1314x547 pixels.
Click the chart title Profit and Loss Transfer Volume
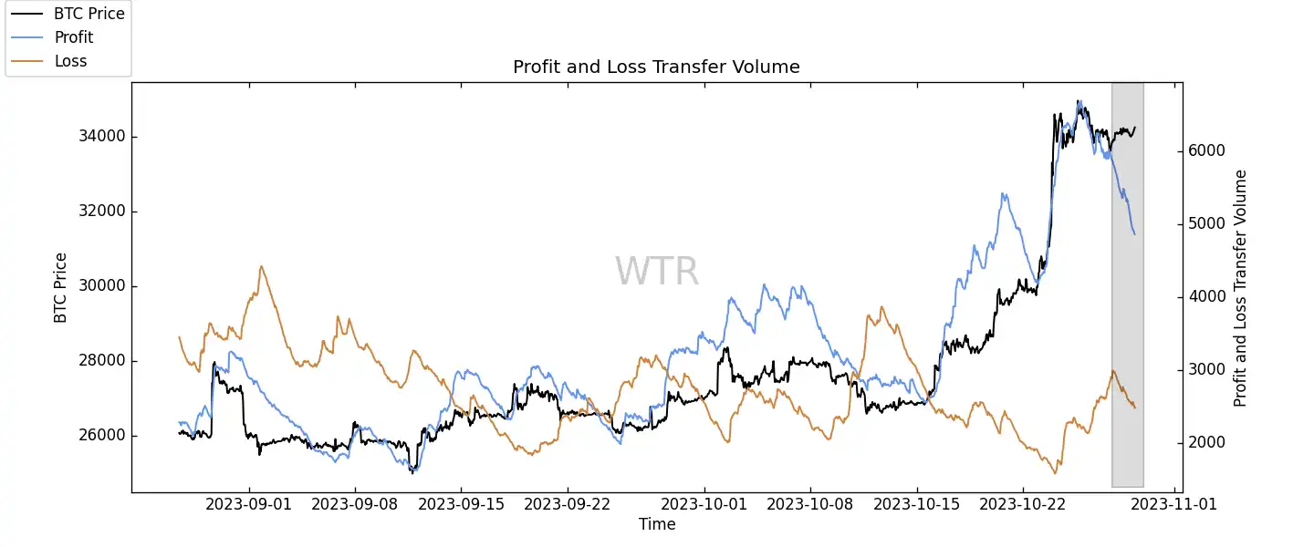[x=656, y=67]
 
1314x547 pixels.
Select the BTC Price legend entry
[x=89, y=14]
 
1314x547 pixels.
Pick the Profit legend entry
[x=74, y=37]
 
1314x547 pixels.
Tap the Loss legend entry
[x=70, y=61]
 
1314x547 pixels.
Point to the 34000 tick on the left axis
[x=100, y=137]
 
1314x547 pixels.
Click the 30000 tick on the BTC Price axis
[x=100, y=286]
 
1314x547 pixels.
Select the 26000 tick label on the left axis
[x=100, y=436]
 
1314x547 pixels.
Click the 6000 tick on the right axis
[x=1206, y=151]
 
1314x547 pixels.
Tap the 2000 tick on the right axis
[x=1206, y=443]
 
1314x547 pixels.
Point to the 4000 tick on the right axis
[x=1206, y=297]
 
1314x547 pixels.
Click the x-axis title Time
[x=657, y=524]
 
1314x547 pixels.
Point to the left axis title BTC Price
[x=61, y=287]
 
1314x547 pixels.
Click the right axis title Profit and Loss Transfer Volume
[x=1240, y=288]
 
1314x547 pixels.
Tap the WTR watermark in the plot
[x=657, y=272]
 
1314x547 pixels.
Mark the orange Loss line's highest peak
[x=261, y=266]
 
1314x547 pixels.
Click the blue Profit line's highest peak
[x=1079, y=101]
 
